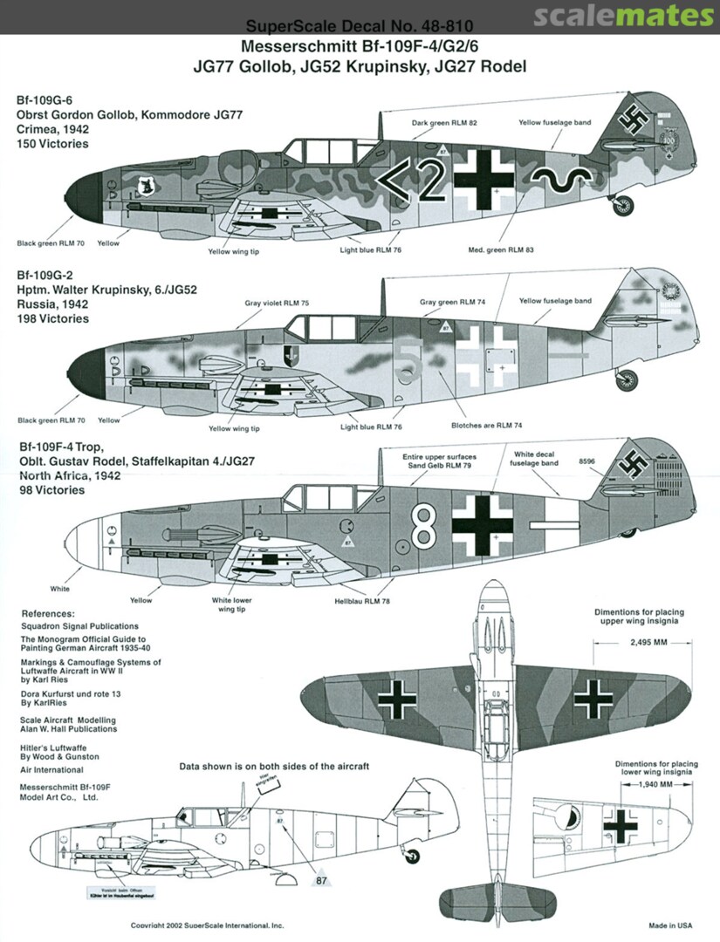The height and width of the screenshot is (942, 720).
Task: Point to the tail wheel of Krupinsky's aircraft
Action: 626,380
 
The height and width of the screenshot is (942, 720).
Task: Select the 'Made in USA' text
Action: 671,925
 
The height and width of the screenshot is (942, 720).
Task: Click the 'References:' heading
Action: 48,613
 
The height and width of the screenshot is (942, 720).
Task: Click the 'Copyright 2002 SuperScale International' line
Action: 207,925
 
